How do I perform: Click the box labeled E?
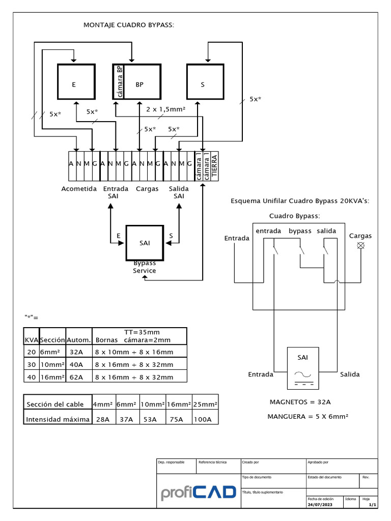[75, 82]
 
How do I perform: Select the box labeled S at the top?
[204, 82]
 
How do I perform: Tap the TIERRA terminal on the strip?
[214, 165]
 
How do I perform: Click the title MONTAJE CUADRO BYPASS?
[129, 25]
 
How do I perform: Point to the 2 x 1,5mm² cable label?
[165, 109]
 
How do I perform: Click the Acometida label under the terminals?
[79, 189]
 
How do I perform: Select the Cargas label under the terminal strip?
[147, 189]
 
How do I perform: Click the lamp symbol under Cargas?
[361, 246]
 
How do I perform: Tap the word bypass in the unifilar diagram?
[300, 231]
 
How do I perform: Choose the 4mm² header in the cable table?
[103, 404]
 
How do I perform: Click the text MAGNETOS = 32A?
[300, 402]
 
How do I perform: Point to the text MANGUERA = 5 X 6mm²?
[308, 416]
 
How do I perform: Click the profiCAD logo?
[198, 492]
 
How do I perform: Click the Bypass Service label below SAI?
[145, 267]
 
